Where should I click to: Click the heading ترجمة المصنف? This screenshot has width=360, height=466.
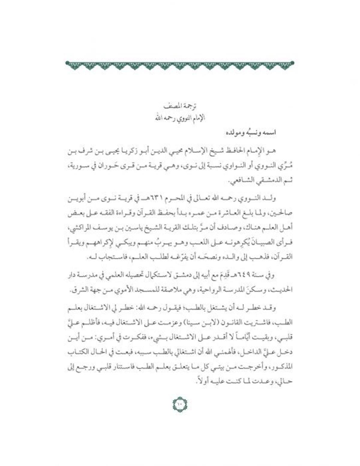(180, 106)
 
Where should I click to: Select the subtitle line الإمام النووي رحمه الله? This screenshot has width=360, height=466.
(180, 118)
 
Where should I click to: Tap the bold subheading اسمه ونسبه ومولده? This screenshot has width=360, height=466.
(251, 133)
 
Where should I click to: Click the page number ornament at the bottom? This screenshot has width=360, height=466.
(180, 404)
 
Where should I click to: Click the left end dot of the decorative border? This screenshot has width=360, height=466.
(67, 63)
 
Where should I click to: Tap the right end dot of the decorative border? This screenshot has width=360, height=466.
(292, 63)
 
